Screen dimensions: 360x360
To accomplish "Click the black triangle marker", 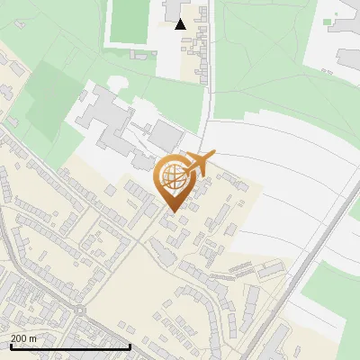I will click(181, 24).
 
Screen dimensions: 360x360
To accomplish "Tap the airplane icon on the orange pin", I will click(200, 164).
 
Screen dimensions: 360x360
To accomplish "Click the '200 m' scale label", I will click(23, 337).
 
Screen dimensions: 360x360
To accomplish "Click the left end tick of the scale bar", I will click(10, 346).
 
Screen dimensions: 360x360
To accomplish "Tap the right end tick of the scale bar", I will click(130, 346).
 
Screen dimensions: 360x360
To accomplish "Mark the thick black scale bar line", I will click(70, 346).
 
